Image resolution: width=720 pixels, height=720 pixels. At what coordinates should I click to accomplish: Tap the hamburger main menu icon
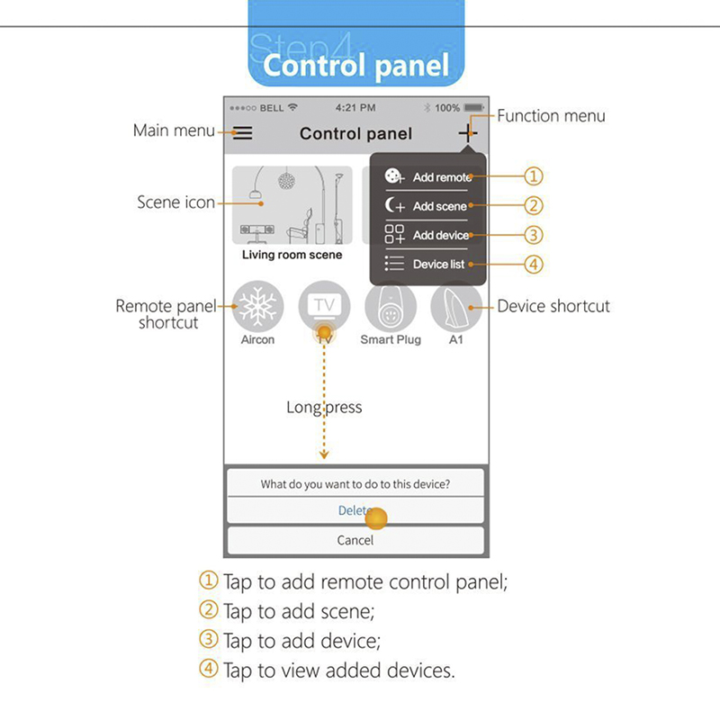pyautogui.click(x=243, y=133)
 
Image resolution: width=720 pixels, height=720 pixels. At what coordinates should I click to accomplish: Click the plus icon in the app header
pyautogui.click(x=467, y=132)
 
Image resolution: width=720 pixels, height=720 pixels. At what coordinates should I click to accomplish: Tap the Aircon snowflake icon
pyautogui.click(x=257, y=307)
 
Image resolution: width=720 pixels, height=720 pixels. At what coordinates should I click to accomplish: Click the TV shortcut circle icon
pyautogui.click(x=324, y=307)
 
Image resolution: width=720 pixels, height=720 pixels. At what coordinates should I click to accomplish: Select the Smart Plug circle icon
pyautogui.click(x=390, y=307)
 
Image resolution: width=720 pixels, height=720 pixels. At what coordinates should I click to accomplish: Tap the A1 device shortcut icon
pyautogui.click(x=456, y=307)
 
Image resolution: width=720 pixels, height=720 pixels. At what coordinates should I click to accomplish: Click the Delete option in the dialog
pyautogui.click(x=355, y=510)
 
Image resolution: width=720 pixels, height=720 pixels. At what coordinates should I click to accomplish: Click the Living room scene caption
pyautogui.click(x=292, y=255)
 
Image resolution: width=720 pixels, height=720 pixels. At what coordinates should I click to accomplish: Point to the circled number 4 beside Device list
pyautogui.click(x=535, y=265)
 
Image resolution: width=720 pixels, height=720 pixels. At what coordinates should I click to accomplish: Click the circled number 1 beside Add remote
pyautogui.click(x=535, y=176)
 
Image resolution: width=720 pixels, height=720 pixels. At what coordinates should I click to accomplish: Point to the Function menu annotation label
pyautogui.click(x=551, y=115)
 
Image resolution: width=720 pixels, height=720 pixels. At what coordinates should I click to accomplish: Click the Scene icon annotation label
pyautogui.click(x=175, y=202)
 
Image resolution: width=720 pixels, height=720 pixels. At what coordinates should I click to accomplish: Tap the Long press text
pyautogui.click(x=324, y=407)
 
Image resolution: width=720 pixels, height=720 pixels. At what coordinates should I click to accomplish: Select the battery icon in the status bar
pyautogui.click(x=474, y=108)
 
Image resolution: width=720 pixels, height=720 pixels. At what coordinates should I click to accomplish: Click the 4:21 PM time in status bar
pyautogui.click(x=355, y=108)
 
